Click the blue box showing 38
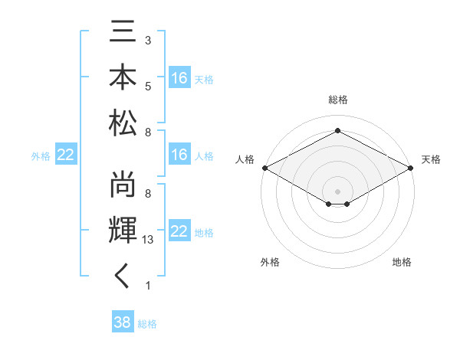[x=123, y=322]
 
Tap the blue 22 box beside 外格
[x=66, y=155]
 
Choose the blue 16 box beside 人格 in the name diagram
[x=179, y=155]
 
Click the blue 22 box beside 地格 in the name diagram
[x=179, y=231]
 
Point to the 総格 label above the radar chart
[x=338, y=100]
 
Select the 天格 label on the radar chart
[x=431, y=160]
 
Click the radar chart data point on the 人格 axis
[x=264, y=168]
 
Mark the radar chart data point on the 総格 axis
[x=338, y=131]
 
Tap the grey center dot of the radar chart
[x=338, y=190]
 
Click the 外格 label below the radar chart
[x=270, y=262]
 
